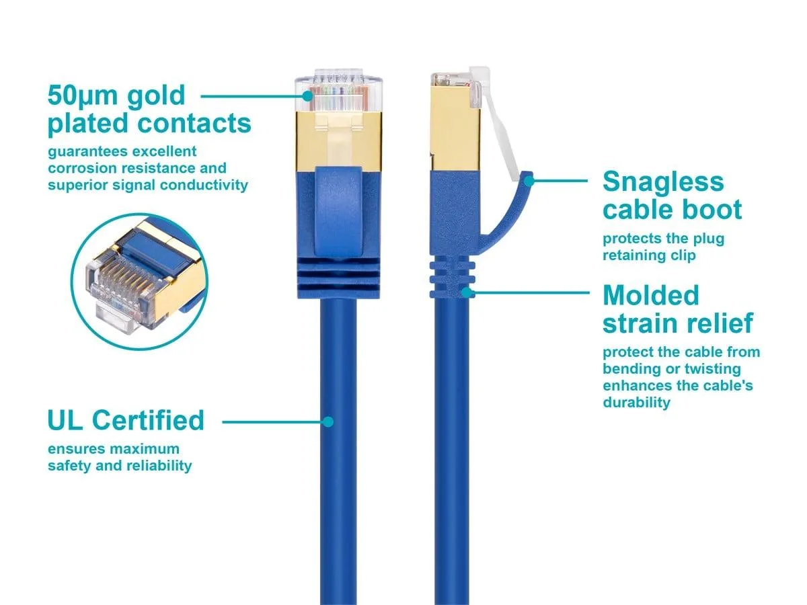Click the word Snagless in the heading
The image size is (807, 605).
coord(663,182)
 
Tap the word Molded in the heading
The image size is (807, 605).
coord(651,295)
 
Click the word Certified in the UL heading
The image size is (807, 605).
coord(148,420)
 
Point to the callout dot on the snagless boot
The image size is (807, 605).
coord(529,181)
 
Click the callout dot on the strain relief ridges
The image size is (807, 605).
coord(466,292)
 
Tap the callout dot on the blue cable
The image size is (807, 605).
coord(328,421)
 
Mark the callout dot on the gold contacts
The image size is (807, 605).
coord(307,96)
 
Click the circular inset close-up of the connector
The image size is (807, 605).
coord(139,282)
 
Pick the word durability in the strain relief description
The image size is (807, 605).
coord(636,403)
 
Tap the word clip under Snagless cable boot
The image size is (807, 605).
coord(685,255)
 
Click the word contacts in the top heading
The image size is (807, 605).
coord(194,123)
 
